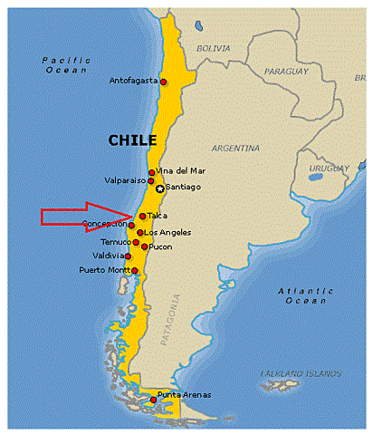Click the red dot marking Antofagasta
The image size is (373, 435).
(164, 82)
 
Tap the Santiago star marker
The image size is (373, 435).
(160, 188)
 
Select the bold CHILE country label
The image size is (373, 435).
(132, 140)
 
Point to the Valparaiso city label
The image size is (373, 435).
(123, 180)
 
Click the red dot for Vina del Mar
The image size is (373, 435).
(151, 172)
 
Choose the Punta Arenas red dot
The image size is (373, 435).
(153, 400)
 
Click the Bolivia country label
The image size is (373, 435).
(215, 47)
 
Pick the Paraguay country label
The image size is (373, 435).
(287, 71)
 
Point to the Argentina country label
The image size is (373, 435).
(235, 147)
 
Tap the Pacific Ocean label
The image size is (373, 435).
(62, 65)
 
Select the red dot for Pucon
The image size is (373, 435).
(145, 246)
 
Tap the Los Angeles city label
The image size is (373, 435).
(168, 233)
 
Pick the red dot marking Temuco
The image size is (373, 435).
(136, 242)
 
